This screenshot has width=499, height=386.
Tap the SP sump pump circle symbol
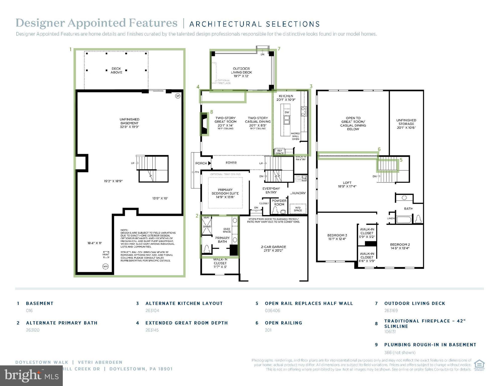point(178,96)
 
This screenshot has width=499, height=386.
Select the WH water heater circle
point(105,266)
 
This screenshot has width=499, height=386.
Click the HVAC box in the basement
point(106,255)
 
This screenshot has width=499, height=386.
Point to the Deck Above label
point(116,70)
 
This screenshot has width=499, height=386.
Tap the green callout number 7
point(279,49)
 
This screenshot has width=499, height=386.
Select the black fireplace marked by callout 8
point(204,124)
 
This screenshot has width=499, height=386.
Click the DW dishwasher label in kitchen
point(287,112)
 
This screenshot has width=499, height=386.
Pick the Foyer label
point(231,163)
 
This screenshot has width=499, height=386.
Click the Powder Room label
point(279,203)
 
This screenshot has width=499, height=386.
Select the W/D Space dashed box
point(298,209)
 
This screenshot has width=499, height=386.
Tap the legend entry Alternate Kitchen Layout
point(184,303)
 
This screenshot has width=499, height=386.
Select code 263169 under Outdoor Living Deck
point(391,311)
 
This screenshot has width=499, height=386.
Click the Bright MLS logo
point(31,376)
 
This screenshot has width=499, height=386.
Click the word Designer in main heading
point(40,23)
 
